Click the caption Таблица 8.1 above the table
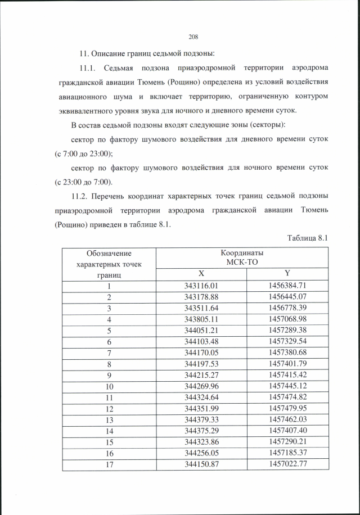click(307, 238)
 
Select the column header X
click(200, 274)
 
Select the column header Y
click(287, 274)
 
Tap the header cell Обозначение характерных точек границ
click(109, 264)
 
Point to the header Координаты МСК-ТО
click(242, 258)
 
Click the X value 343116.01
click(200, 286)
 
